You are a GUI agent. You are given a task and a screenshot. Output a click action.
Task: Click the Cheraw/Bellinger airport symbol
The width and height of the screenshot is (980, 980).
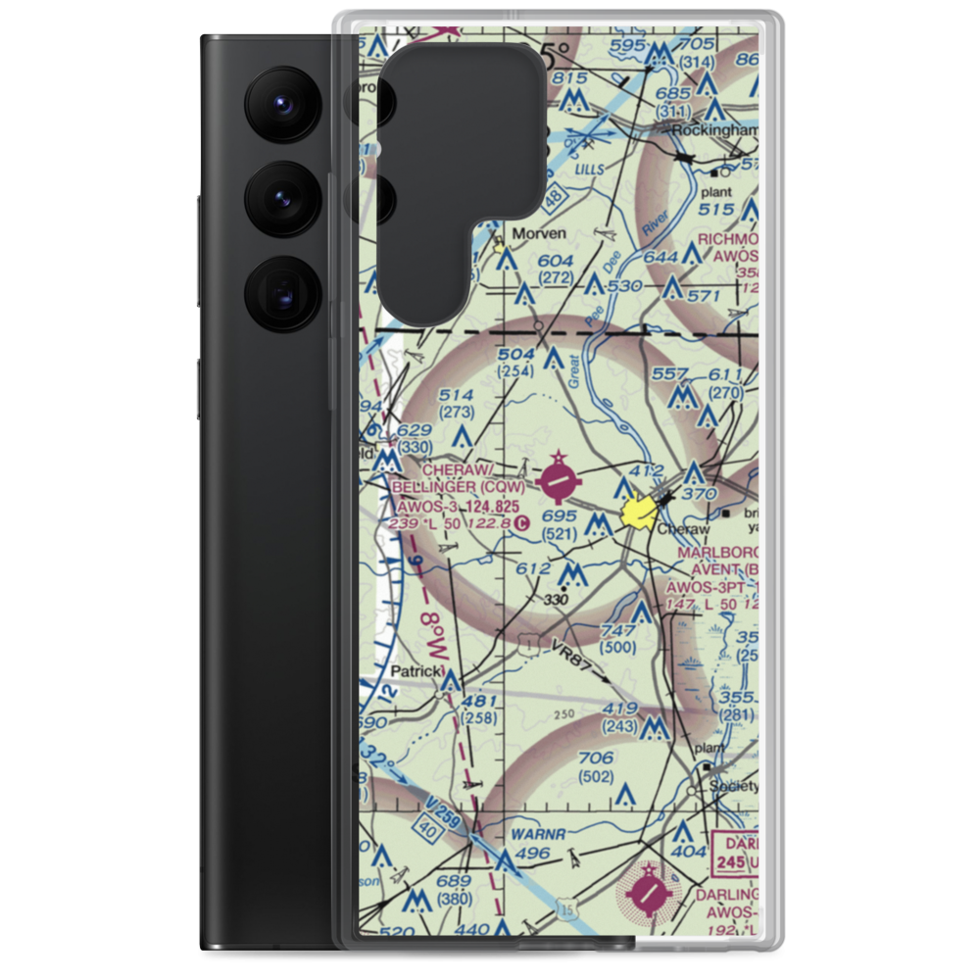pos(559,481)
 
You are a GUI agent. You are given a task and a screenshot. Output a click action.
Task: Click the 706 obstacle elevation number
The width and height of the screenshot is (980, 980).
pos(596,758)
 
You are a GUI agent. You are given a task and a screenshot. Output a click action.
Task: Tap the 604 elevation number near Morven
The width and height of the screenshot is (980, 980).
pos(555,260)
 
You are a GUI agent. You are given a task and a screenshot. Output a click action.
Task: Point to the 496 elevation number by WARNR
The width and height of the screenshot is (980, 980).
pos(533,854)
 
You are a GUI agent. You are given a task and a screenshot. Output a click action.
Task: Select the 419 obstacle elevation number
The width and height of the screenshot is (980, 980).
pos(621,708)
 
